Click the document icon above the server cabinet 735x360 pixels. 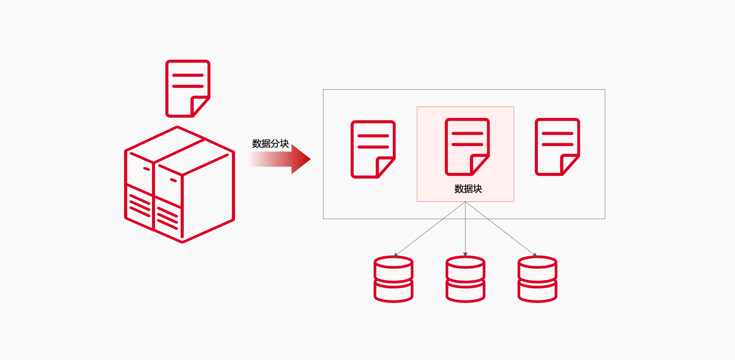coord(188,88)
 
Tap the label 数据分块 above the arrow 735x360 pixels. coord(270,144)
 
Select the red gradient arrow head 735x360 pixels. coord(301,159)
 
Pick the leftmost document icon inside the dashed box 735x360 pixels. coord(373,149)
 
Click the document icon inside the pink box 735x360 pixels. coord(467,147)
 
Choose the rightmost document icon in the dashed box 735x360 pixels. coord(557,147)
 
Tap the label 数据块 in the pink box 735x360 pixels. coord(468,189)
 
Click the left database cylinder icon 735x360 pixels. coord(393,279)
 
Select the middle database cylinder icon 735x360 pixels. coord(465,279)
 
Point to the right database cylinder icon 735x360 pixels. coord(537,279)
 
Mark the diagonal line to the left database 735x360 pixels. coord(431,228)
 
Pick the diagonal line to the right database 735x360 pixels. coord(500,228)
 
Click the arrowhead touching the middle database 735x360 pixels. coord(465,254)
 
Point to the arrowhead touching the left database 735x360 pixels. coord(396,254)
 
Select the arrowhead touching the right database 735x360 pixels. coord(534,255)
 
